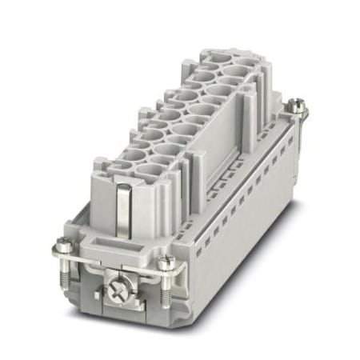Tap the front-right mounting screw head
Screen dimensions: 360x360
click(165, 262)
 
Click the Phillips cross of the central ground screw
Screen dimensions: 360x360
click(118, 282)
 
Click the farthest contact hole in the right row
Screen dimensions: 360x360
click(238, 72)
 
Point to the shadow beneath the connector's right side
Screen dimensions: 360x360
click(264, 264)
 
